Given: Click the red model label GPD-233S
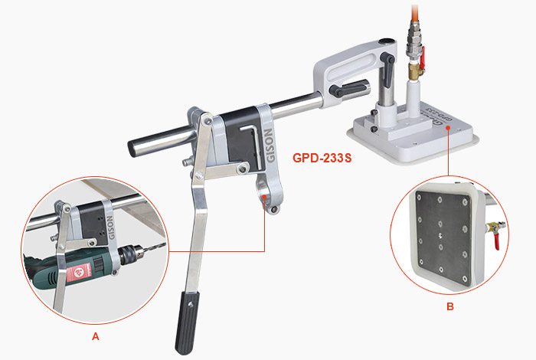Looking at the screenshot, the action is [x=322, y=158].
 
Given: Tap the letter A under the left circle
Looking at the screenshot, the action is [x=96, y=336].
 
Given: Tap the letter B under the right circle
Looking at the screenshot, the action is [x=450, y=306].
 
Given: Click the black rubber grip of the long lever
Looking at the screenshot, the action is [x=187, y=322].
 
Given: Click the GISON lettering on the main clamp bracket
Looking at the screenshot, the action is [x=270, y=146].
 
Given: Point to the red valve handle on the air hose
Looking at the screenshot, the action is [x=423, y=57].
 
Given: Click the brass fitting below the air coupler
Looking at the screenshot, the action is [x=416, y=71].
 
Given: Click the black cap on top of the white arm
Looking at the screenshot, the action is [x=387, y=41].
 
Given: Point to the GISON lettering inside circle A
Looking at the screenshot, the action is [x=110, y=227].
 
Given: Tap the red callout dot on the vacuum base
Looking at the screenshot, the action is [x=448, y=127].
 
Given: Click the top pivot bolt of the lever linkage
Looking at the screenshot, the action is [x=207, y=120].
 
